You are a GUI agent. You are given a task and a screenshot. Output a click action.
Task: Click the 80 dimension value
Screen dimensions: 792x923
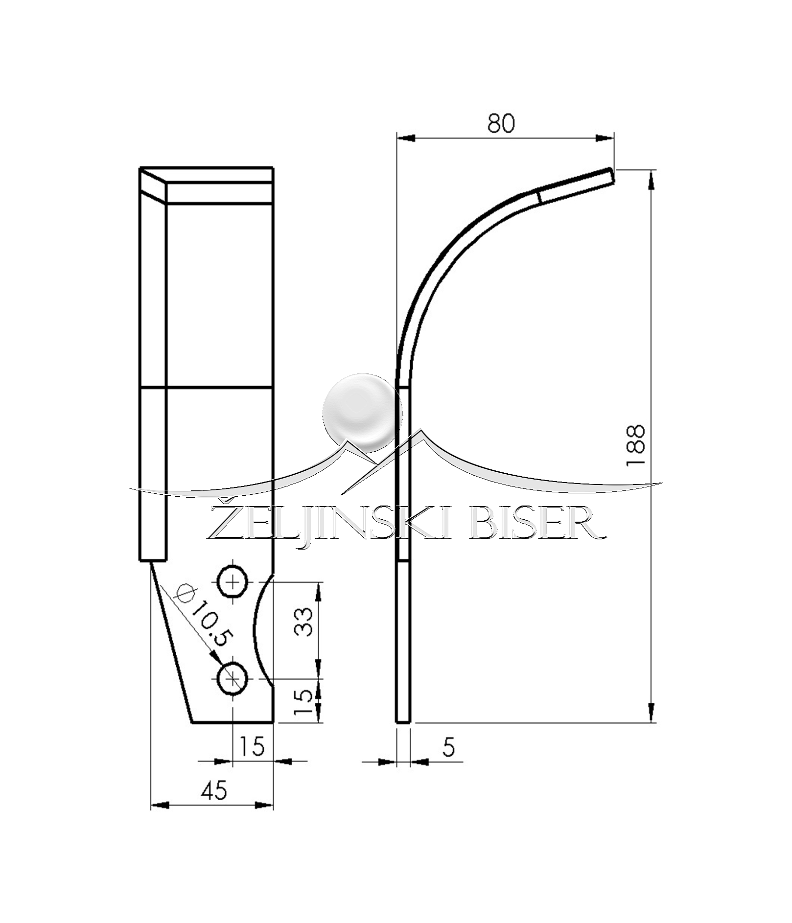(x=501, y=124)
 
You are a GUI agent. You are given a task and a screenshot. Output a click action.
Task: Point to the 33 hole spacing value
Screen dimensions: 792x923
(x=303, y=621)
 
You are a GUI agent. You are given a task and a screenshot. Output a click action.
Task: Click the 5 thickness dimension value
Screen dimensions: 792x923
(x=448, y=748)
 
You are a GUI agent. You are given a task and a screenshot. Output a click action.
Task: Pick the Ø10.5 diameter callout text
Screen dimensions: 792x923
(x=202, y=615)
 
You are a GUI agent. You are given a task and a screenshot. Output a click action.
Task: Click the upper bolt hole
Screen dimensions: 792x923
(x=233, y=582)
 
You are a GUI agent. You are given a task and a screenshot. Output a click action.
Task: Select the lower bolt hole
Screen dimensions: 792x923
(x=233, y=678)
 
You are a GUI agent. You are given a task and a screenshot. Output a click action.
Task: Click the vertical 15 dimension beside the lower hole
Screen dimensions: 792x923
(x=303, y=702)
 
